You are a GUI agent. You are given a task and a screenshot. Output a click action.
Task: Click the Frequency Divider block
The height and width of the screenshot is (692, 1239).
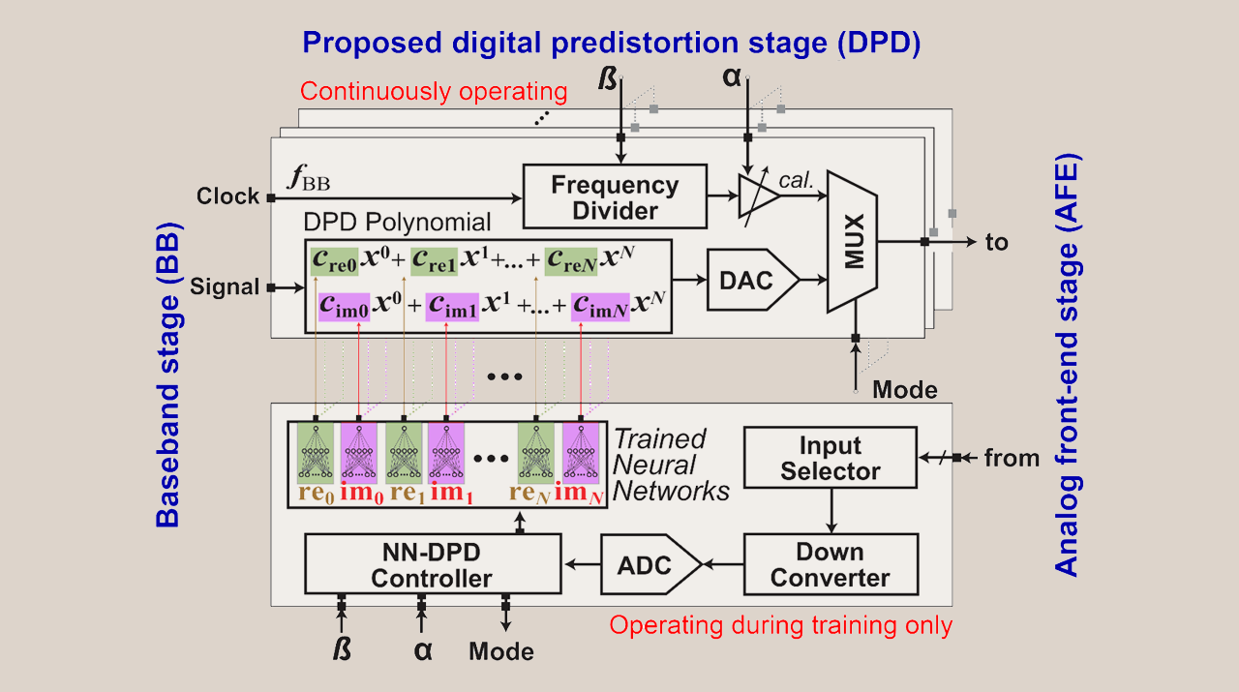point(616,196)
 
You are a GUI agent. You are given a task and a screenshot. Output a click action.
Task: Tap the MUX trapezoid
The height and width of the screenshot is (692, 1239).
point(852,242)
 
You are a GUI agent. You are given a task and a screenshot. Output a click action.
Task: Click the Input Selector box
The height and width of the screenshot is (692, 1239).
point(830,459)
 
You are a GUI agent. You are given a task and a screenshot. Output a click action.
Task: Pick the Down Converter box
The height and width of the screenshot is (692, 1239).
point(830,565)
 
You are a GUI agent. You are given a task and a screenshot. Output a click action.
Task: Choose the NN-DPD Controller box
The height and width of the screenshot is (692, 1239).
point(432,565)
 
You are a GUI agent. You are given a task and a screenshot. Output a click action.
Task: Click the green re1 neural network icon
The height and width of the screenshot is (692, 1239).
point(404,452)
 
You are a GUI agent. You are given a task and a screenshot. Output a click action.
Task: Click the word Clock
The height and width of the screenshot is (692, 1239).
point(227,196)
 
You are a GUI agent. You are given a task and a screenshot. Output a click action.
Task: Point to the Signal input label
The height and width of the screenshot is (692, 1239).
point(225,286)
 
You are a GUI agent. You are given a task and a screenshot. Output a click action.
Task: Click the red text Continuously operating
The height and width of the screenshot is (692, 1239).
point(433,92)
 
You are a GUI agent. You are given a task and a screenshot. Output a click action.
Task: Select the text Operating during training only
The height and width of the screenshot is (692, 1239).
point(780,625)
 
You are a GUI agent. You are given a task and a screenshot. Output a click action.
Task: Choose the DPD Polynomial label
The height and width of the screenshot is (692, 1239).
point(398,223)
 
